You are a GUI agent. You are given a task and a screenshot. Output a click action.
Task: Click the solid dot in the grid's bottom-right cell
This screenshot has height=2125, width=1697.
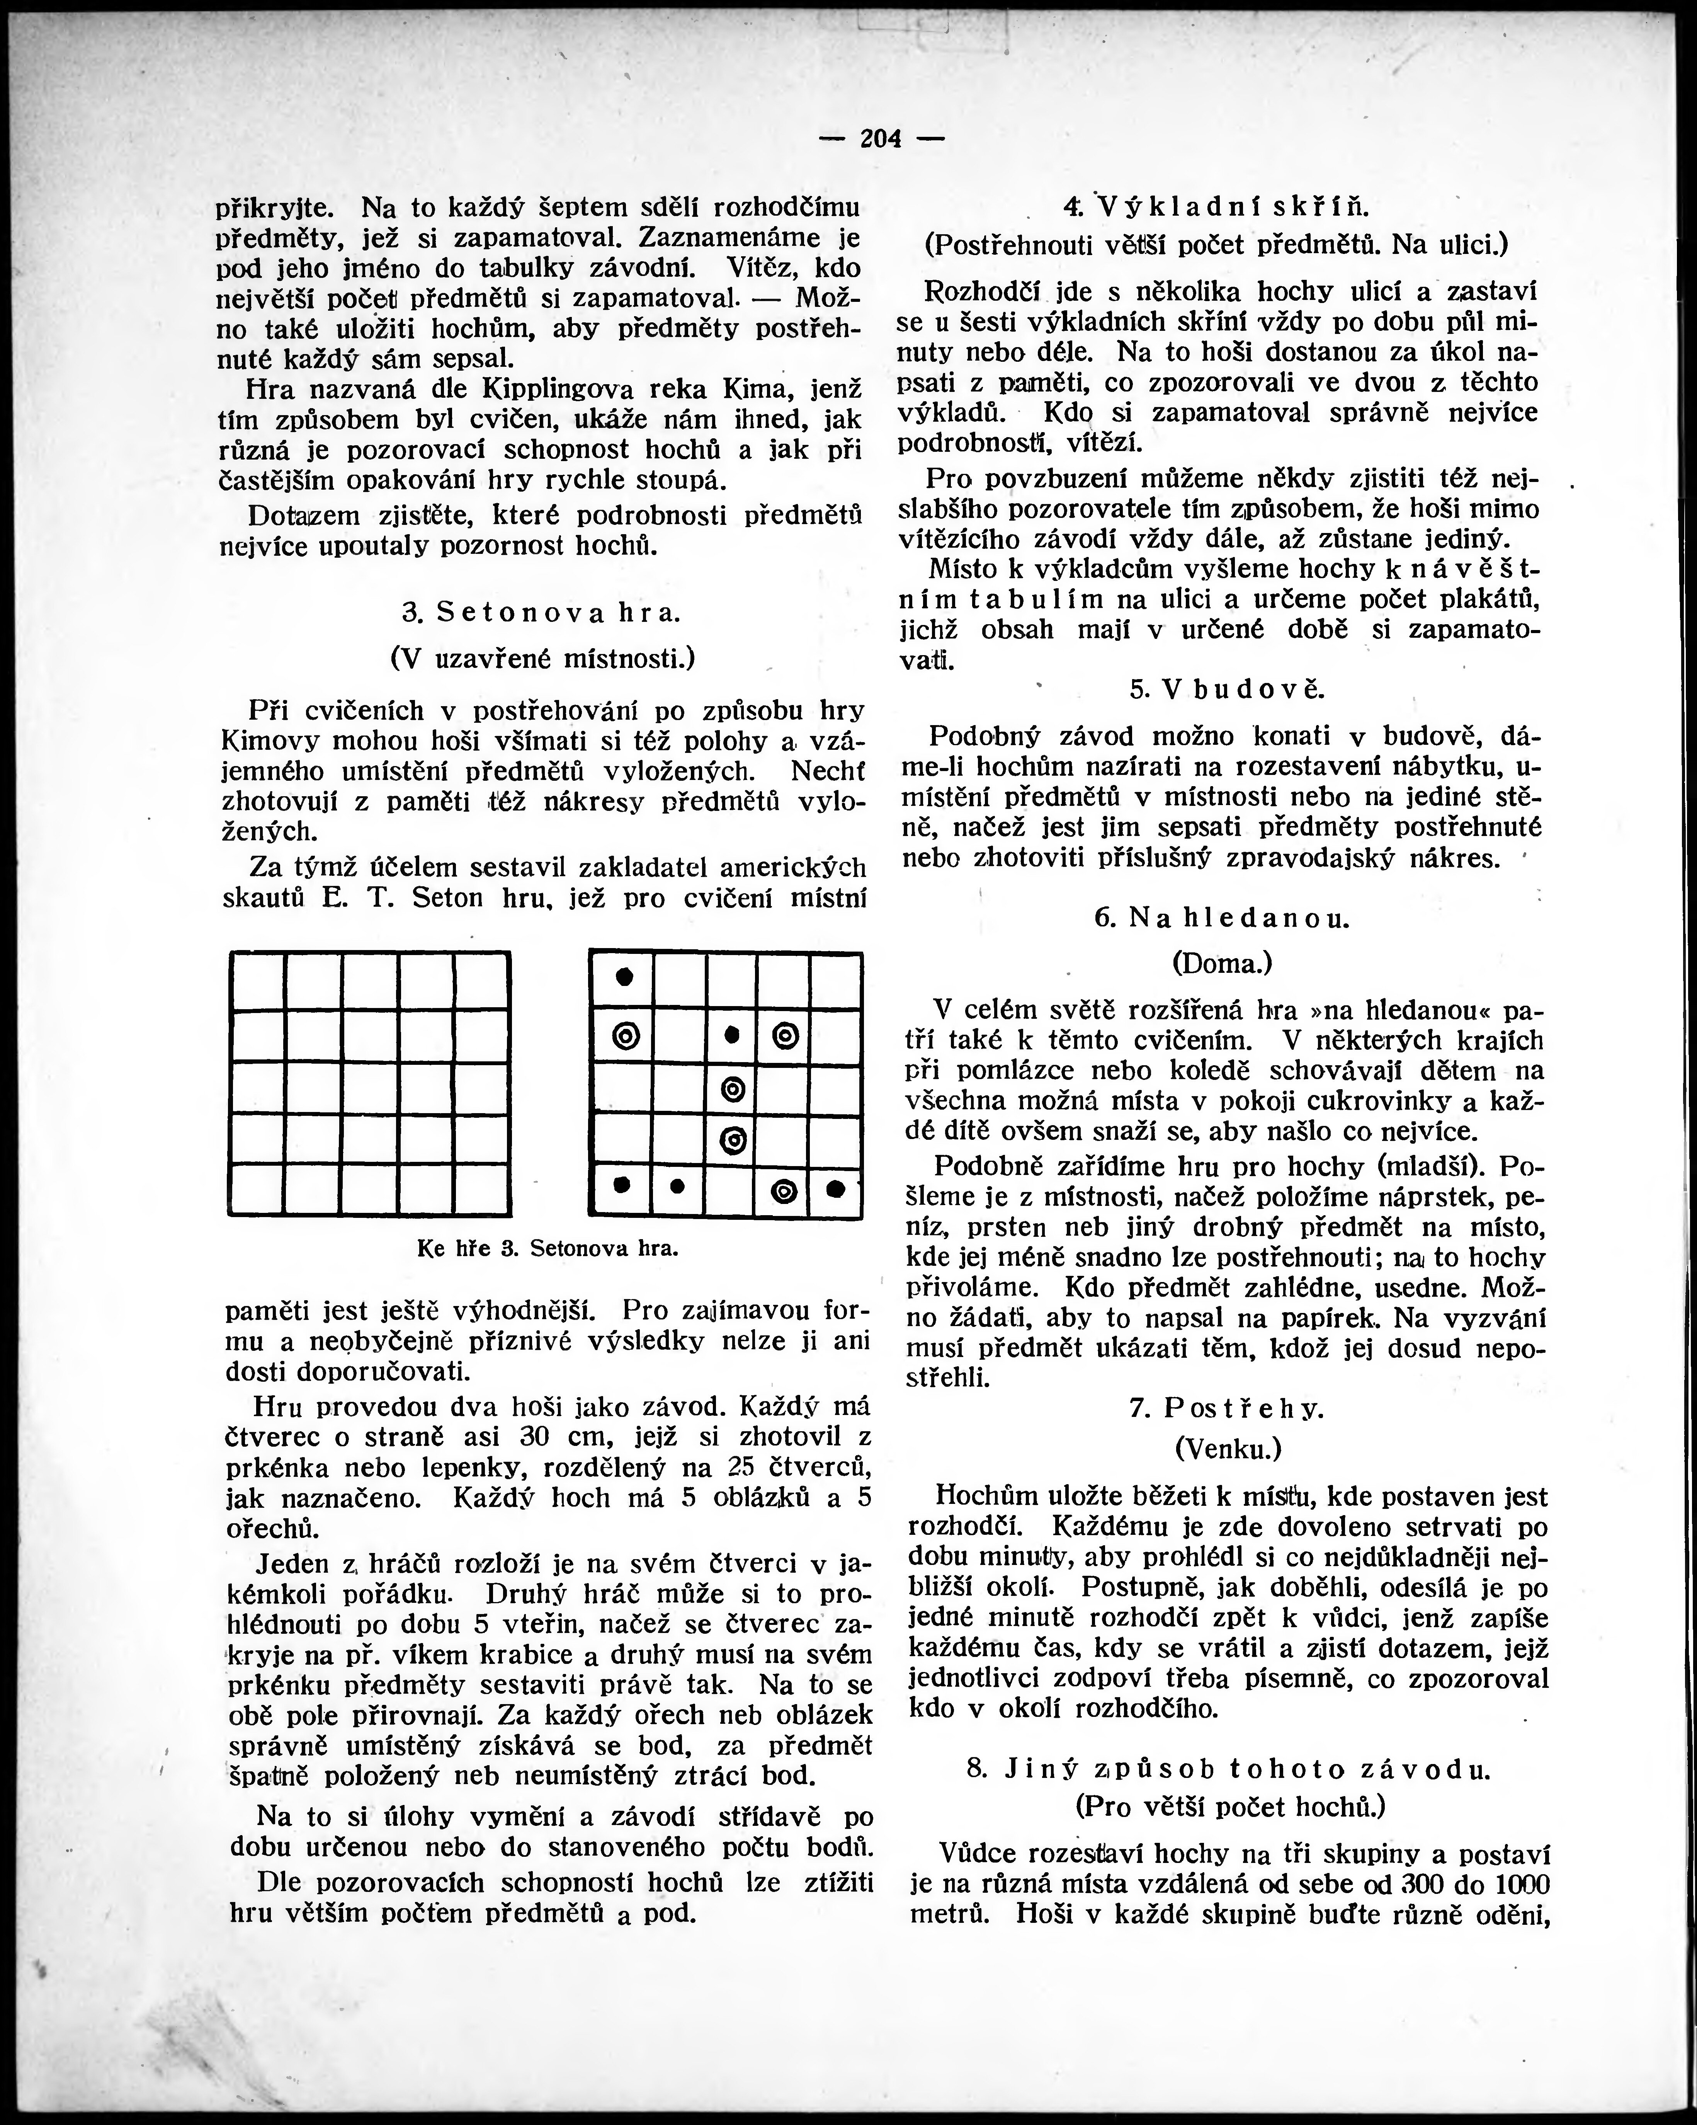836,1189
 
